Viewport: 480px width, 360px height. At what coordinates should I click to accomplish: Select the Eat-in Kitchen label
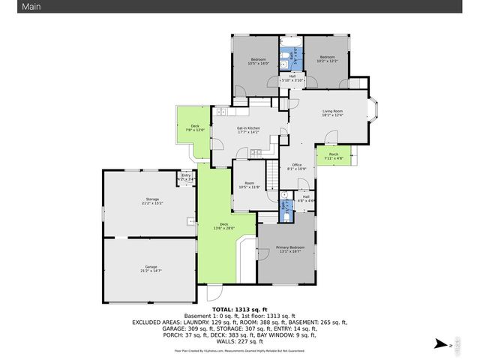tap(248, 130)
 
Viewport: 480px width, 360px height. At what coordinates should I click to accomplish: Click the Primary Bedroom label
tap(290, 249)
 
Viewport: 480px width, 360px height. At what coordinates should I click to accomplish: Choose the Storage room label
tap(152, 200)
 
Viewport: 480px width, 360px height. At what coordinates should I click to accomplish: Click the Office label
tap(296, 166)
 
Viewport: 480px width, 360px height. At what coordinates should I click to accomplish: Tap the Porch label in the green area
tap(333, 156)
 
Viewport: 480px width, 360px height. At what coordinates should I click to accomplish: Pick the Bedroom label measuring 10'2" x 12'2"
tap(327, 58)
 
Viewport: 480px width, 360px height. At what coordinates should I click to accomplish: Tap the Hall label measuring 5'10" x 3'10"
tap(292, 76)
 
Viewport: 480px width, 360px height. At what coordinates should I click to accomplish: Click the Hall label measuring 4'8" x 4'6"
tap(306, 199)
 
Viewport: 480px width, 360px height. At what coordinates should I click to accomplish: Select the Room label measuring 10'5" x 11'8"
tap(248, 184)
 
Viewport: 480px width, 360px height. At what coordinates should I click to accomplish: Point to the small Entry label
tap(185, 178)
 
